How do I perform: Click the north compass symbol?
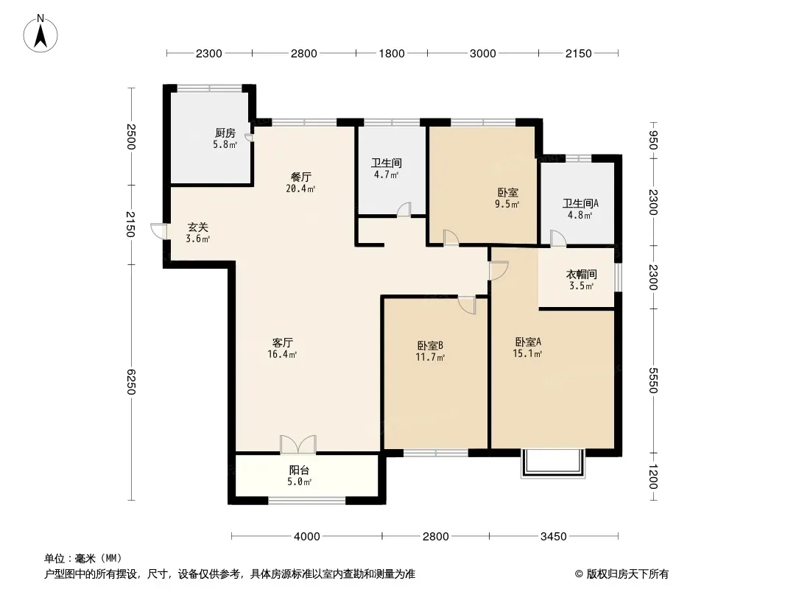point(42,34)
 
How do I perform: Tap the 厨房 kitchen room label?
point(225,138)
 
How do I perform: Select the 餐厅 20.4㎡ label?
point(301,182)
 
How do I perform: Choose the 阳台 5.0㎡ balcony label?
point(299,476)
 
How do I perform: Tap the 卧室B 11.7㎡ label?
point(430,350)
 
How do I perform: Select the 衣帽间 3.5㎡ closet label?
point(581,280)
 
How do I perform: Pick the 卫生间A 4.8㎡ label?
point(580,209)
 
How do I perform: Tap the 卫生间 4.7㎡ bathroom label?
point(386,169)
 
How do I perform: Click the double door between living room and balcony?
point(298,444)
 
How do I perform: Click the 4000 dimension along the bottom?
point(306,537)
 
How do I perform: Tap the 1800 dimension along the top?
point(392,53)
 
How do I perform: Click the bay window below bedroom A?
point(553,463)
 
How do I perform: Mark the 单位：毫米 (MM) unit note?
point(82,558)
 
